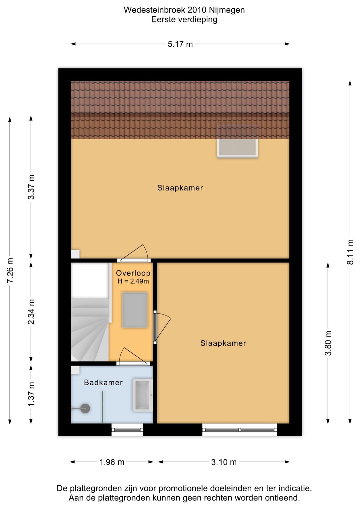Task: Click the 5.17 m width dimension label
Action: (x=180, y=44)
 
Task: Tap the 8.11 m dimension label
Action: (x=350, y=252)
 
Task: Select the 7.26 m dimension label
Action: (x=10, y=271)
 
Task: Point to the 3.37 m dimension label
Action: (x=31, y=187)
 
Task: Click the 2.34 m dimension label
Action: (x=31, y=312)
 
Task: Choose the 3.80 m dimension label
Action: (x=328, y=343)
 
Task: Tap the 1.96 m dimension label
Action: (x=112, y=462)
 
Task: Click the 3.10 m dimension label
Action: (x=224, y=462)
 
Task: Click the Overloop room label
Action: (x=133, y=273)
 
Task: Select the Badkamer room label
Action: (x=103, y=383)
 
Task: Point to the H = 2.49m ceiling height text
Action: (x=133, y=281)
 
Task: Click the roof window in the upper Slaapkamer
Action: (x=237, y=141)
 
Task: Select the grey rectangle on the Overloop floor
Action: (x=135, y=310)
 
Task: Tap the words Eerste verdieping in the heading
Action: (x=184, y=20)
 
